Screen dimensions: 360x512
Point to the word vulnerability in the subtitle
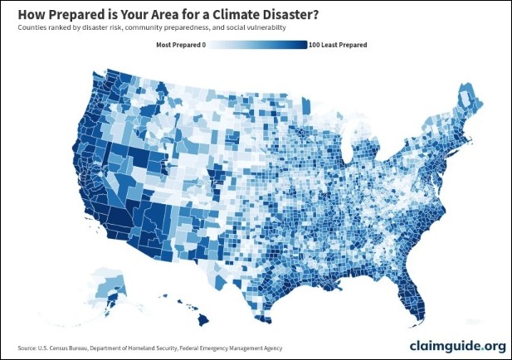point(263,27)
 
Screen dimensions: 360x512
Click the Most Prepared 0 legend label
point(180,45)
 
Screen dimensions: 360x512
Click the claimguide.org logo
point(457,345)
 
